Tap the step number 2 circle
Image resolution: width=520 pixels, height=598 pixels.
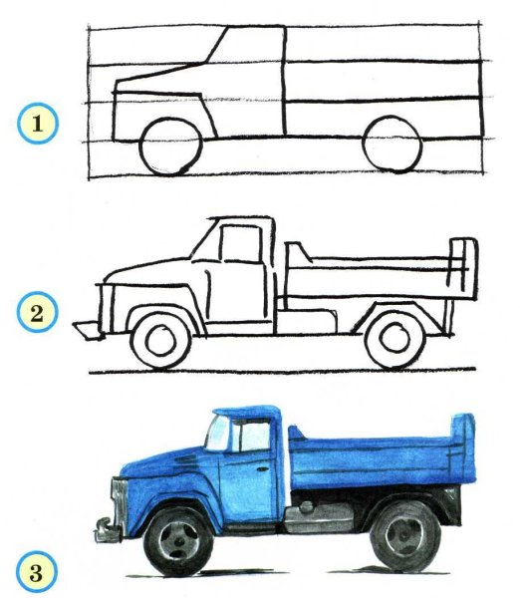click(x=39, y=316)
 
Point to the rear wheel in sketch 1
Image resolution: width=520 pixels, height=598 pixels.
click(x=390, y=148)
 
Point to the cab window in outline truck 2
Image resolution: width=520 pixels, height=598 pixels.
click(x=237, y=243)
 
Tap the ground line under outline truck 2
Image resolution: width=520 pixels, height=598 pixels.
click(x=299, y=374)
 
